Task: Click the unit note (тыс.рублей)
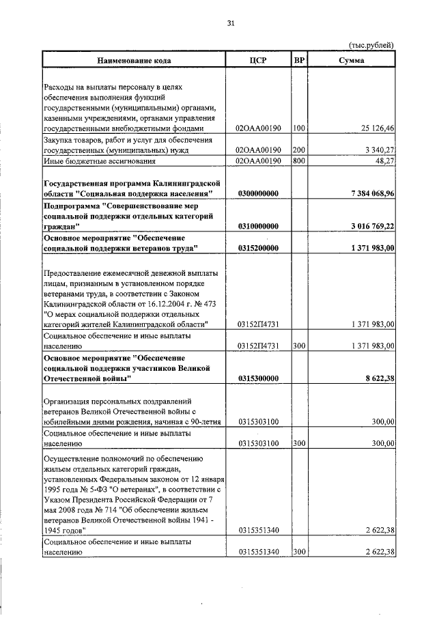pos(371,46)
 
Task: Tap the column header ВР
pos(299,60)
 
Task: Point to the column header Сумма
pos(352,60)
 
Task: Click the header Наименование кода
pos(134,61)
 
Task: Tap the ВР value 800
pos(298,161)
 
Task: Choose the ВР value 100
pos(298,128)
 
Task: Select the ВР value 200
pos(298,150)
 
